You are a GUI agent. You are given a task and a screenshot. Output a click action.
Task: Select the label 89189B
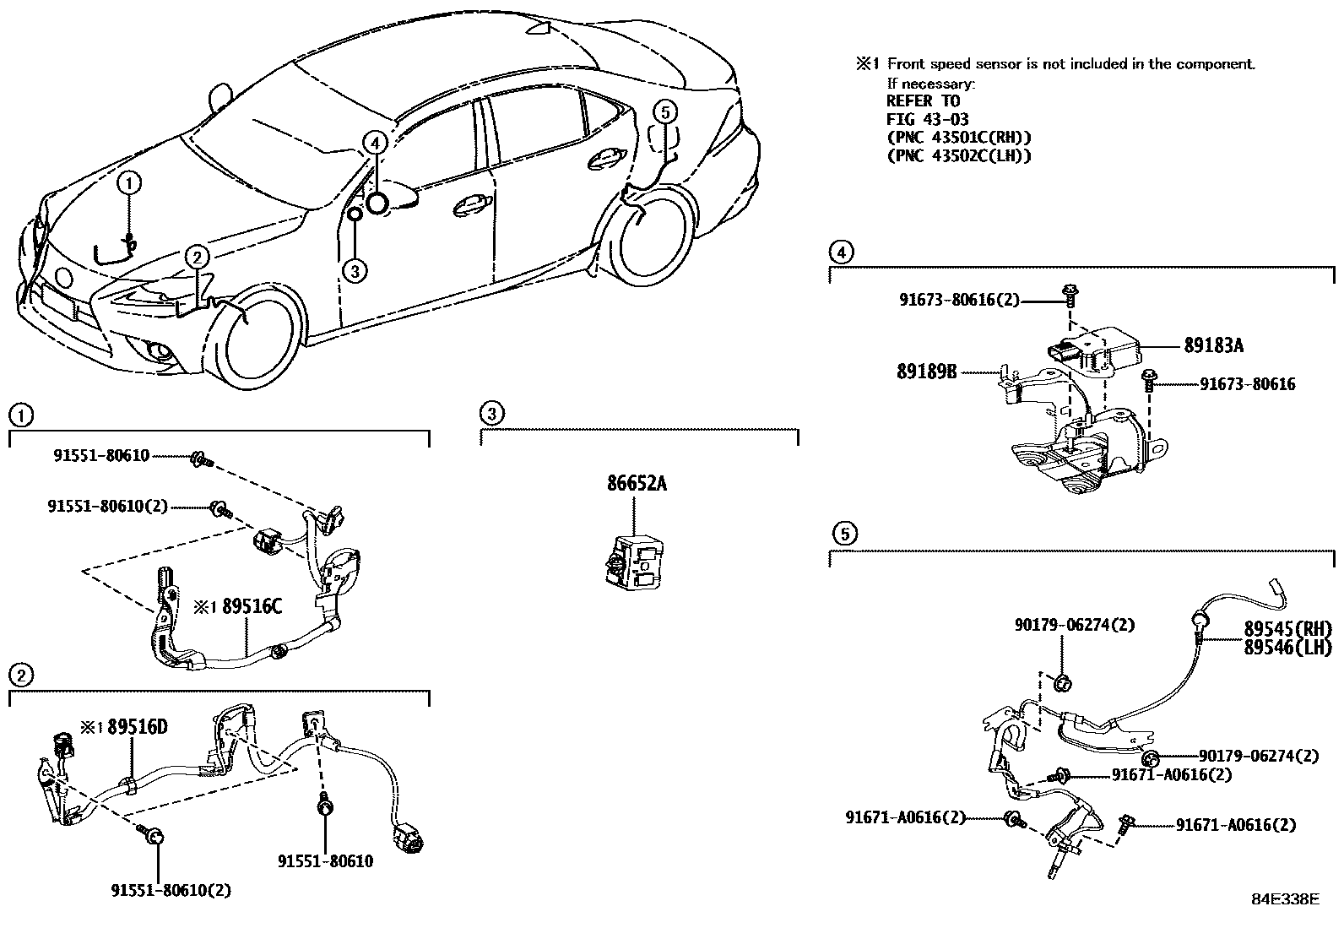click(x=926, y=371)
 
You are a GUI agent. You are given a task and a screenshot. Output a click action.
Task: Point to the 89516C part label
click(x=252, y=607)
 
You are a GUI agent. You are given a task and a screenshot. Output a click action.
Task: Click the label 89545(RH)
click(x=1287, y=629)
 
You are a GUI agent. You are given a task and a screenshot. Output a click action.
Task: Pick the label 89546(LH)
click(x=1287, y=648)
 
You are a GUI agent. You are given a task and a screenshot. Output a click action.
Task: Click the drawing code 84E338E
click(x=1284, y=899)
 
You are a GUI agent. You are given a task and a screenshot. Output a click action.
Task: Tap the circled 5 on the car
click(x=665, y=111)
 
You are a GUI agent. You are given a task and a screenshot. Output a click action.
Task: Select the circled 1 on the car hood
click(x=130, y=182)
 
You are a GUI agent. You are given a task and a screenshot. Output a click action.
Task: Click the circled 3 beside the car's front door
click(x=355, y=270)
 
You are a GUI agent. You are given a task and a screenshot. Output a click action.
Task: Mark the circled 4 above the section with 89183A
click(x=840, y=251)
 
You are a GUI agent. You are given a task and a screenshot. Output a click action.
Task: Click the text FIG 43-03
click(x=927, y=120)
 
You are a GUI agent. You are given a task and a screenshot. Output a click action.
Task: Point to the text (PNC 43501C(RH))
click(x=959, y=138)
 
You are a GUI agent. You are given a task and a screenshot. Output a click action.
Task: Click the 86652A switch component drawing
click(x=632, y=559)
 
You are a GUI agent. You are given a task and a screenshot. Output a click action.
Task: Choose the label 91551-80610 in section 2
click(x=325, y=861)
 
